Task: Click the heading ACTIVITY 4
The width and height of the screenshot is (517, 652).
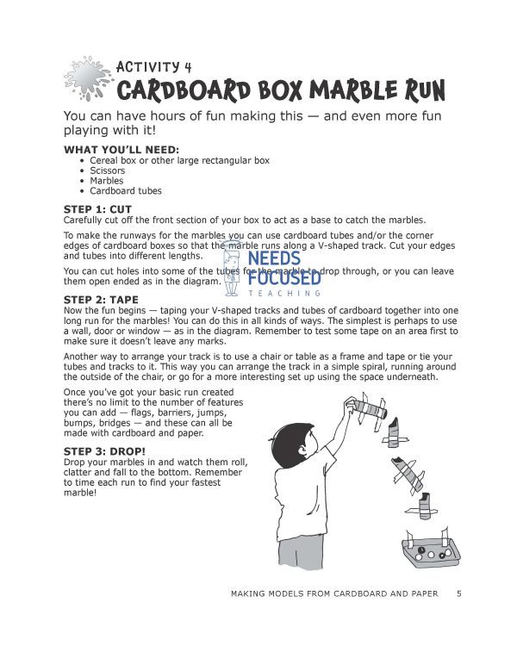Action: coord(154,66)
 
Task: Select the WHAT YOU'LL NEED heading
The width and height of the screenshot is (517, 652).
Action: coord(121,150)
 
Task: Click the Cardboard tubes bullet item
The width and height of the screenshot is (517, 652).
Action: coord(125,191)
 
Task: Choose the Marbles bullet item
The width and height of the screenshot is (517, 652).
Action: coord(106,181)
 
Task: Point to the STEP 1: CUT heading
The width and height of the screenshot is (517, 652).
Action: coord(97,209)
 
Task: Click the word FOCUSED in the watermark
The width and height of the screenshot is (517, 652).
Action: coord(284,278)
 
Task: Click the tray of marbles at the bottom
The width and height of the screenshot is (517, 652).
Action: coord(418,550)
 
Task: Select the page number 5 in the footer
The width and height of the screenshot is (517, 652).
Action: coord(459,593)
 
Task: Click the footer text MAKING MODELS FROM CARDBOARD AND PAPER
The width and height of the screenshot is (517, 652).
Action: coord(334,593)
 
